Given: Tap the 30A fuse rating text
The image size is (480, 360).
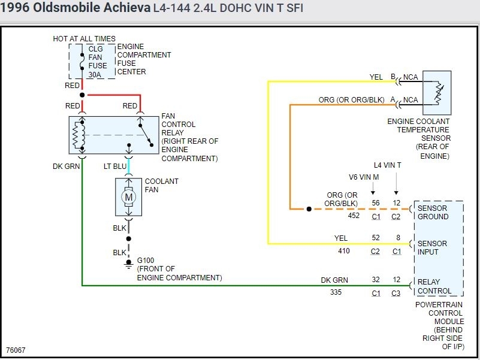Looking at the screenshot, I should [x=95, y=74].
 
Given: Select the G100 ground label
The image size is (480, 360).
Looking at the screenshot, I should [x=147, y=261].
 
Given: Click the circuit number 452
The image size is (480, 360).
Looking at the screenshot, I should [x=354, y=216].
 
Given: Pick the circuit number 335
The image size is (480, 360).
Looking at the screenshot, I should [x=336, y=293].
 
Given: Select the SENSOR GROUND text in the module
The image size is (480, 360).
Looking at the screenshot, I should [x=433, y=213].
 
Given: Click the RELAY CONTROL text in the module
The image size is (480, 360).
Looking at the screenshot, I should [x=434, y=286].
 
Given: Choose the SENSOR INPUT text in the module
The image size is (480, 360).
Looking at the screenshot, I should [x=432, y=248].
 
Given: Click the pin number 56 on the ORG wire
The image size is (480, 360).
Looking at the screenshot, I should [x=376, y=203].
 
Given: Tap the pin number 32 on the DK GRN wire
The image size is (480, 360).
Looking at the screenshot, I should [x=376, y=280].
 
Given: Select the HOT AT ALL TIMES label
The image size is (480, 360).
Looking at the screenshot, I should [x=84, y=39].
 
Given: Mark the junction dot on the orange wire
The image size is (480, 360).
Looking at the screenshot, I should [x=309, y=209].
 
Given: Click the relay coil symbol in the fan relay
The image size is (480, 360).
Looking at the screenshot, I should [x=76, y=135].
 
